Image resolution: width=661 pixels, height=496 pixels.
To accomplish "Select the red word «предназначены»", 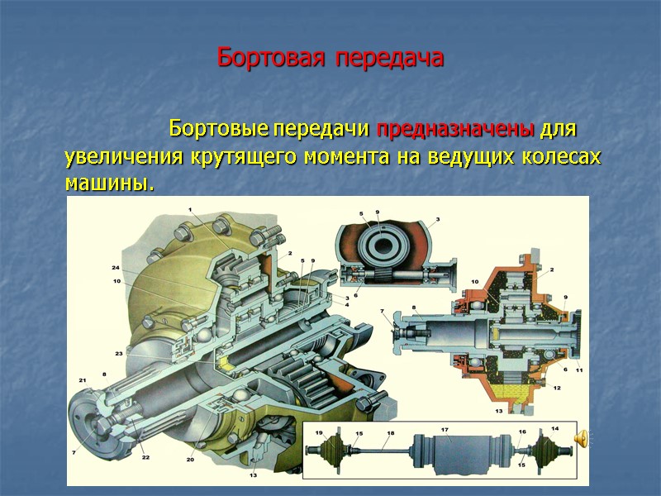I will [456, 131].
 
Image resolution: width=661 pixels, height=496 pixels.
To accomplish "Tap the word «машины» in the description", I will [108, 181].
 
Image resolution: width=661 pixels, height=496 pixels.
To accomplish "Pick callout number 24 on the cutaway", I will [116, 268].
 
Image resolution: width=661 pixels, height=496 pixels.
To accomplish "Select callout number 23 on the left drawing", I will [119, 353].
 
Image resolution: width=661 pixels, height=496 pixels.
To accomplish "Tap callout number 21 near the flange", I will [82, 380].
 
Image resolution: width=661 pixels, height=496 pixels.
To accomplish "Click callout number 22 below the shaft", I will [145, 457].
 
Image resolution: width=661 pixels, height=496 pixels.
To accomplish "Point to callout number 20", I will [190, 459].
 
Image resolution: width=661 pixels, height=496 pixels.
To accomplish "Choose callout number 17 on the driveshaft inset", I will [444, 430].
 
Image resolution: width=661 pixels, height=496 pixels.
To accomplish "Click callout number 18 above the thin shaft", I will [390, 433].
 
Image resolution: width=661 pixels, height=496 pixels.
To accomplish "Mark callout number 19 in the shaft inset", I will [318, 432].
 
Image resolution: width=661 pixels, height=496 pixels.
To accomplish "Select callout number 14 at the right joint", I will [554, 428].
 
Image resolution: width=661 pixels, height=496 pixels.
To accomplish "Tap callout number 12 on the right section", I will [557, 387].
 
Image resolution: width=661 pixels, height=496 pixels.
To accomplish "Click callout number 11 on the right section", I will [578, 370].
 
